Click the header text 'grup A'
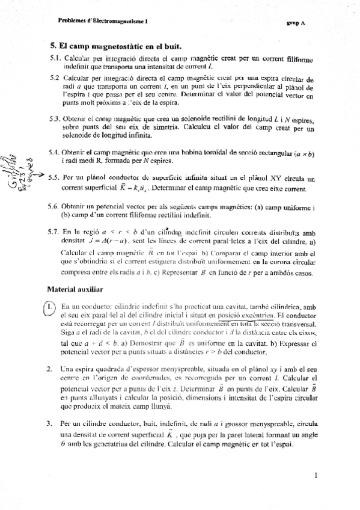pos(296,23)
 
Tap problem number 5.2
pos(55,79)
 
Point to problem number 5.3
pos(55,120)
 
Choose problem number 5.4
pos(55,153)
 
